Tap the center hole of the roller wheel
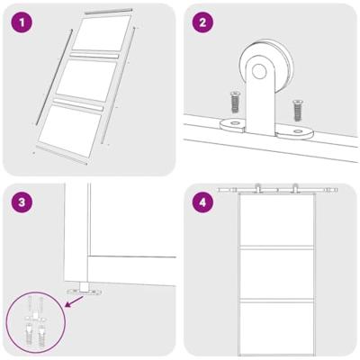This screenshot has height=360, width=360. (x=260, y=70)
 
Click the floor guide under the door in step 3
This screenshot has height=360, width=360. (x=84, y=290)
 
